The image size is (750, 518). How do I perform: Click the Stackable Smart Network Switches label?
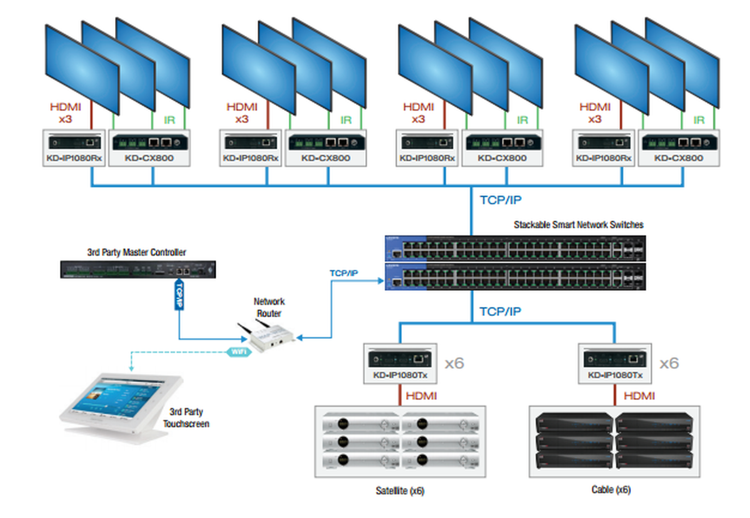click(578, 224)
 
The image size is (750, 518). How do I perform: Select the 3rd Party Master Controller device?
click(137, 270)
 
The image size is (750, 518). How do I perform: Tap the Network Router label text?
click(269, 307)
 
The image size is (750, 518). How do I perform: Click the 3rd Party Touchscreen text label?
click(186, 418)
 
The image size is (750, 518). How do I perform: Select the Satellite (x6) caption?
click(400, 491)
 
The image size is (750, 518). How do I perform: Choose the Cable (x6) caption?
click(611, 489)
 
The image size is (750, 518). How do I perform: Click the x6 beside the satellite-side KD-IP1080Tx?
click(454, 363)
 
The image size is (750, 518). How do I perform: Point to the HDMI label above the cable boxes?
click(639, 395)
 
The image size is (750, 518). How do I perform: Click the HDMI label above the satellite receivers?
click(421, 395)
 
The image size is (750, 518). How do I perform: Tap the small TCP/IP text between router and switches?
click(344, 273)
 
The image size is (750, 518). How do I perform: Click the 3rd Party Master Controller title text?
click(136, 253)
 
